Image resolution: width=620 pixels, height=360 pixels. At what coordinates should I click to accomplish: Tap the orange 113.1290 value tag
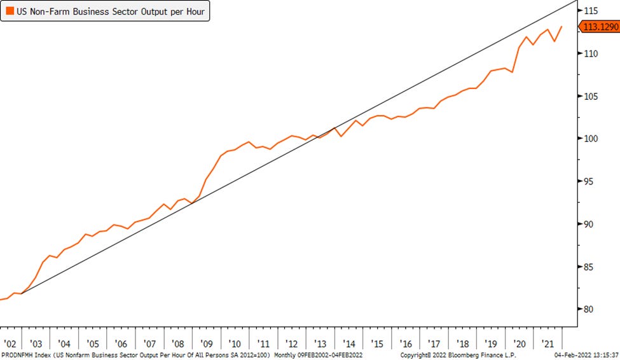[x=600, y=27]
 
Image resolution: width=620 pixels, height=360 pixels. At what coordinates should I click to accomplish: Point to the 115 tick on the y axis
[x=592, y=11]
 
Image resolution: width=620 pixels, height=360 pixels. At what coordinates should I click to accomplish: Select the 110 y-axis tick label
[x=592, y=53]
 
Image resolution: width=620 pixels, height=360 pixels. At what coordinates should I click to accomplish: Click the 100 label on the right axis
[x=592, y=139]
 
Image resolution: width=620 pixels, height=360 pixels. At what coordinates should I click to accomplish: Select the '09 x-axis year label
[x=207, y=342]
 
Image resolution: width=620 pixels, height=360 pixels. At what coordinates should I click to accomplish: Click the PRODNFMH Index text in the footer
[x=26, y=354]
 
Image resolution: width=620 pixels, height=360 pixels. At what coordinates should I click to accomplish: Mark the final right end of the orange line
[x=561, y=27]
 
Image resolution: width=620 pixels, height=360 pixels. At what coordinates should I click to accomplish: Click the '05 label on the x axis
[x=93, y=342]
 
